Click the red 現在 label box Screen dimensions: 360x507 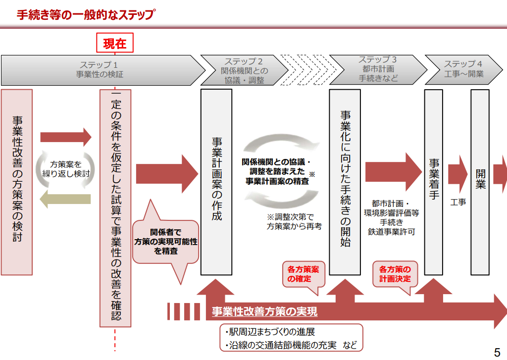(x=115, y=44)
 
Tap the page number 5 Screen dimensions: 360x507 (x=497, y=352)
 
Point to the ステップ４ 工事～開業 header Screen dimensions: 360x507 (x=463, y=69)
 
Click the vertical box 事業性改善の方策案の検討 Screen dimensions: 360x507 (x=17, y=182)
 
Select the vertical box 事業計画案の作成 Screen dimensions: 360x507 (x=216, y=182)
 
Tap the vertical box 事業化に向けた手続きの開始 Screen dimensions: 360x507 (x=345, y=182)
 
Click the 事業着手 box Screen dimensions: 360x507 (x=434, y=182)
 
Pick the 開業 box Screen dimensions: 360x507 (x=480, y=182)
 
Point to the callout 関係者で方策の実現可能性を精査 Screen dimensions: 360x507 (x=166, y=241)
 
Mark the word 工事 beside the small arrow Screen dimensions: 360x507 (x=458, y=202)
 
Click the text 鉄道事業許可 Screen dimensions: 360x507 (x=391, y=232)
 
